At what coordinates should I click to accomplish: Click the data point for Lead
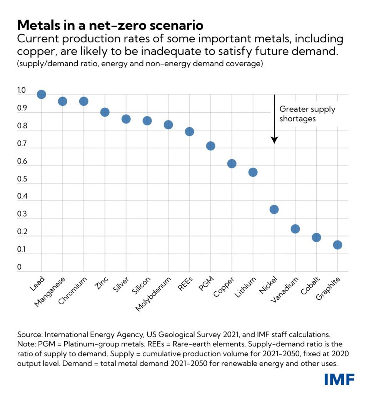[41, 94]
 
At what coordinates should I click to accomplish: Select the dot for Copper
[232, 164]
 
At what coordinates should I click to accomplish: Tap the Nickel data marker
[274, 209]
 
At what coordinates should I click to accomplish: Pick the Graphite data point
[337, 245]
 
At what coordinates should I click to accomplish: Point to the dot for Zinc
[105, 112]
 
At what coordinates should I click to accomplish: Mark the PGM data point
[210, 146]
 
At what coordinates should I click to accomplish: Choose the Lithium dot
[253, 172]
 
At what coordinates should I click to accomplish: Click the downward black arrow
[274, 119]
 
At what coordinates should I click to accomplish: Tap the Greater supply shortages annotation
[307, 114]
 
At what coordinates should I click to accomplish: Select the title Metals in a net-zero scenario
[110, 25]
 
